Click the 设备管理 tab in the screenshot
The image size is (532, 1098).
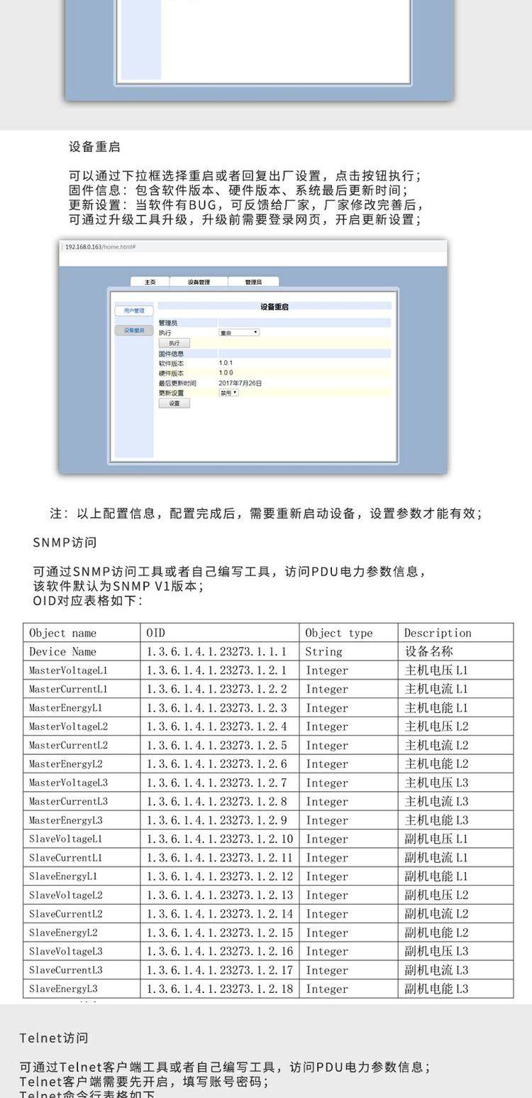tap(199, 282)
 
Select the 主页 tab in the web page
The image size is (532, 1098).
tap(150, 282)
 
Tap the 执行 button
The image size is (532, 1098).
tap(174, 343)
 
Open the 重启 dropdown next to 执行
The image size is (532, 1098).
tap(239, 332)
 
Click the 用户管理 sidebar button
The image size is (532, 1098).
tap(133, 311)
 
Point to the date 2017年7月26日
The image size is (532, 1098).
tap(240, 383)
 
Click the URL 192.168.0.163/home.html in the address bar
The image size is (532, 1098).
tap(100, 246)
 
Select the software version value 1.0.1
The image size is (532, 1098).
tap(226, 363)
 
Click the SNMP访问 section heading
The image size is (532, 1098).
tap(65, 543)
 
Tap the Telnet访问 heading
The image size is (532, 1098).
tap(54, 1038)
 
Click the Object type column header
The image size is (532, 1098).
tap(338, 633)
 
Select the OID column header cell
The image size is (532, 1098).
tap(155, 633)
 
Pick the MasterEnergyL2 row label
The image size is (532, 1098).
tap(66, 764)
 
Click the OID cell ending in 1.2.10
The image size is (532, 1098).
tap(219, 839)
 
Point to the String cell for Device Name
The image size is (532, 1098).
tap(323, 651)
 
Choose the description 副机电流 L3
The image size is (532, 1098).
tap(436, 970)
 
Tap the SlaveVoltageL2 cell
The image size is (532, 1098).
tap(66, 895)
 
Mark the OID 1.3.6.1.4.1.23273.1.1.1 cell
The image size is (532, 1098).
tap(216, 651)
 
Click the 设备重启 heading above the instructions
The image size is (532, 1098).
tap(94, 147)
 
